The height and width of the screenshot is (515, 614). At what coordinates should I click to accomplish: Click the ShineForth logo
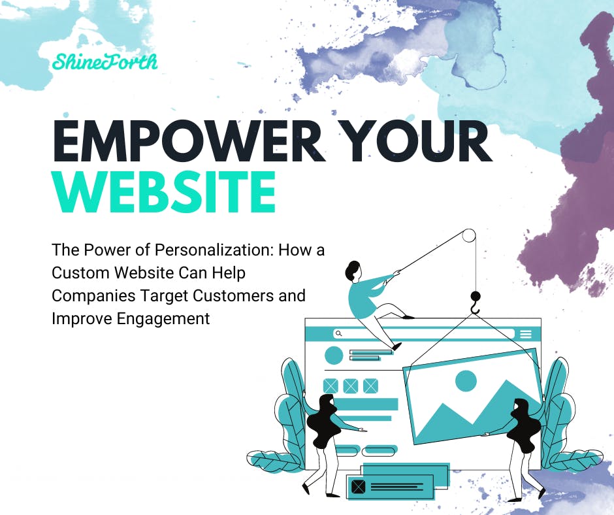105,62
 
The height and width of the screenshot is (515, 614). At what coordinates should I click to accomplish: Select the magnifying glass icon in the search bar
338,333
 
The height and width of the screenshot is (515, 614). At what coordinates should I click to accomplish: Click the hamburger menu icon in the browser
526,334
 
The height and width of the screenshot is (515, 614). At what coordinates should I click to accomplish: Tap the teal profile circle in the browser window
334,356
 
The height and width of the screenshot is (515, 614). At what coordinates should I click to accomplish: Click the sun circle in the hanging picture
466,381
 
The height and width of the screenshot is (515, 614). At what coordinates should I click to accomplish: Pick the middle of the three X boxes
351,386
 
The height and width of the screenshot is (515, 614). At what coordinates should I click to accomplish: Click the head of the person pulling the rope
353,269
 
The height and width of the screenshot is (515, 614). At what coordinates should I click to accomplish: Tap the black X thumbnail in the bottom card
358,486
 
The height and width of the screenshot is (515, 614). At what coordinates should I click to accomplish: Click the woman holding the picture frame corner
523,438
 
